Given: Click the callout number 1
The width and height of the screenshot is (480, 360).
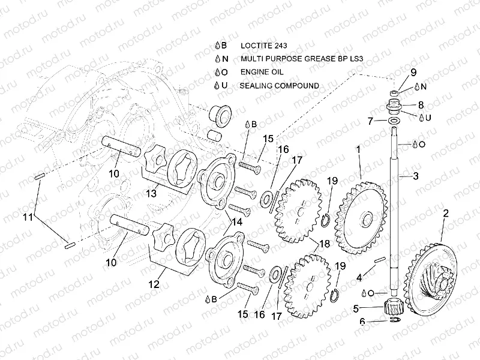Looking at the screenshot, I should [x=358, y=146].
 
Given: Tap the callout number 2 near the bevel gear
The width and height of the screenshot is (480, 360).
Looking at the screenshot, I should [x=445, y=213].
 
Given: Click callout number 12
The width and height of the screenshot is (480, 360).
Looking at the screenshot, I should [x=154, y=284].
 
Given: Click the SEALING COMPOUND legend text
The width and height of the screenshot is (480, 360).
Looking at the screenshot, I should [x=279, y=86].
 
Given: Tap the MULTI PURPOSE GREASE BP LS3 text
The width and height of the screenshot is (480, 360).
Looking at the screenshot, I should [x=304, y=59].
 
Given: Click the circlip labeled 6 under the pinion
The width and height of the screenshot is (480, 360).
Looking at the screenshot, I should [x=393, y=322].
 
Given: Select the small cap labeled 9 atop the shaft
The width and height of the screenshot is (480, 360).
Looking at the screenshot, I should [x=396, y=93].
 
